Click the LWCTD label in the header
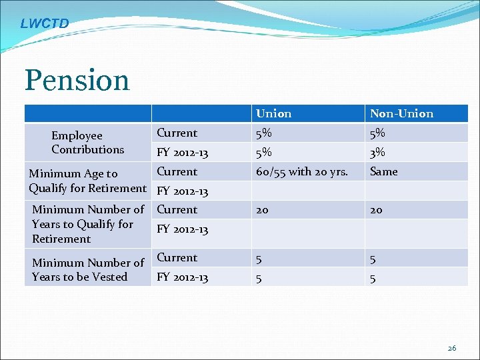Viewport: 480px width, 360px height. click(44, 24)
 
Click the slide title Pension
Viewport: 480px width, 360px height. click(77, 80)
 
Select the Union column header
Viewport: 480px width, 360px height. click(273, 113)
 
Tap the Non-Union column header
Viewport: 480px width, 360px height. click(401, 113)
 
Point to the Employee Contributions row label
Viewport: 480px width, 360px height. click(87, 143)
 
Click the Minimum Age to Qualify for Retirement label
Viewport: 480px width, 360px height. click(87, 181)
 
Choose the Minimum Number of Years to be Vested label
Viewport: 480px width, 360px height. click(87, 270)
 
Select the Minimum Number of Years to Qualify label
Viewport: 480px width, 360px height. click(87, 224)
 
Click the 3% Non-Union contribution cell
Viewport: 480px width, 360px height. click(377, 153)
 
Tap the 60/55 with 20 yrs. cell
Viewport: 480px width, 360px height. click(302, 171)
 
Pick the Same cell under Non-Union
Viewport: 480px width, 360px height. click(383, 171)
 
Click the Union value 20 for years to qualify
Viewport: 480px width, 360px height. click(262, 210)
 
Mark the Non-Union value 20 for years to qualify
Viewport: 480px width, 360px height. click(376, 210)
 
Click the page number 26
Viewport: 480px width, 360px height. click(452, 348)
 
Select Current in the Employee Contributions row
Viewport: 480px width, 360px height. click(177, 133)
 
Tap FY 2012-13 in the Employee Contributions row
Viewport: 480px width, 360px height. click(182, 153)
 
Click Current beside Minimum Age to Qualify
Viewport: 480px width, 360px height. click(177, 171)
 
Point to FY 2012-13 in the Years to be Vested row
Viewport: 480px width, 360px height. click(182, 277)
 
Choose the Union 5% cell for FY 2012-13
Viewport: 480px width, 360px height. click(264, 153)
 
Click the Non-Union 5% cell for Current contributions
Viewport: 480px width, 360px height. click(377, 133)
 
